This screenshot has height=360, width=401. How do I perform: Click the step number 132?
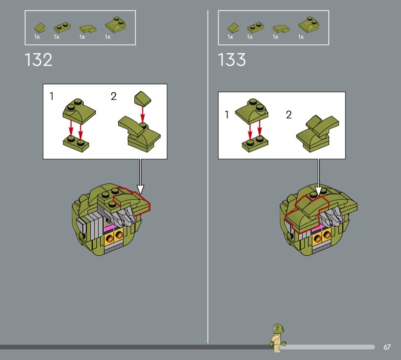point(39,60)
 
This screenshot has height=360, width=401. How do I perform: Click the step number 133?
point(232,60)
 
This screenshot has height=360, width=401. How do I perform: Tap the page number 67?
point(387,347)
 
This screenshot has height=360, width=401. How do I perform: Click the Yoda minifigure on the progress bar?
point(278,338)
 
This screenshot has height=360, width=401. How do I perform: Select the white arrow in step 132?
point(140,176)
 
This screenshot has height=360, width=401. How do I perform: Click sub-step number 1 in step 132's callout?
point(52,96)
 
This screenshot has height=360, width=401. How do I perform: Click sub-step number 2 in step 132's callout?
point(114,96)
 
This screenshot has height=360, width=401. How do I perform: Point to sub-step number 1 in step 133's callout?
point(227,115)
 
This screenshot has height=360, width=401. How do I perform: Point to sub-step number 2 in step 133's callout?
point(289,115)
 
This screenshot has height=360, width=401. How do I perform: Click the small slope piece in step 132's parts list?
point(40,28)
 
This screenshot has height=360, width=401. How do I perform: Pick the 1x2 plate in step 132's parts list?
point(62,28)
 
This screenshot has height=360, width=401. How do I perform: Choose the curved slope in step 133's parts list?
point(281,29)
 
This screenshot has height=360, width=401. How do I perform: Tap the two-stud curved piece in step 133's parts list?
point(309,25)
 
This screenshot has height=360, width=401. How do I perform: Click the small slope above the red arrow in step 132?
point(142,98)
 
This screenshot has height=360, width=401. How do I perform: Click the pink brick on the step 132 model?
point(110,227)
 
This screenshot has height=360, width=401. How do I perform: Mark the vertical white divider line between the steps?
point(208,176)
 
